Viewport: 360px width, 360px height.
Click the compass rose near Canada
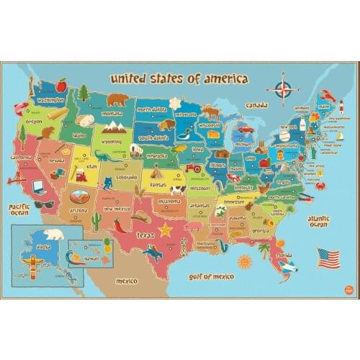click(x=283, y=90)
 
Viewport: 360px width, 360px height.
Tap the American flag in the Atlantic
click(x=328, y=256)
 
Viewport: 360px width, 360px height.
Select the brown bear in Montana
click(x=117, y=99)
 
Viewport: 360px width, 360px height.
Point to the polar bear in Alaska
click(x=53, y=235)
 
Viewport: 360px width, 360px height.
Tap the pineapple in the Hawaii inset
click(x=107, y=245)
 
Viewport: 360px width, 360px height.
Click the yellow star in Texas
click(x=165, y=230)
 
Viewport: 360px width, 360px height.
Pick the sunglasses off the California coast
click(x=44, y=204)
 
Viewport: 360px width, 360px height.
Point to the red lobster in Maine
click(x=328, y=95)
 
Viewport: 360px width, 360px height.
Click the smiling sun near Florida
click(x=245, y=261)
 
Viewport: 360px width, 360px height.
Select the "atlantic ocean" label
click(x=318, y=220)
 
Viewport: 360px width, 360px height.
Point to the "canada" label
click(x=256, y=105)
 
